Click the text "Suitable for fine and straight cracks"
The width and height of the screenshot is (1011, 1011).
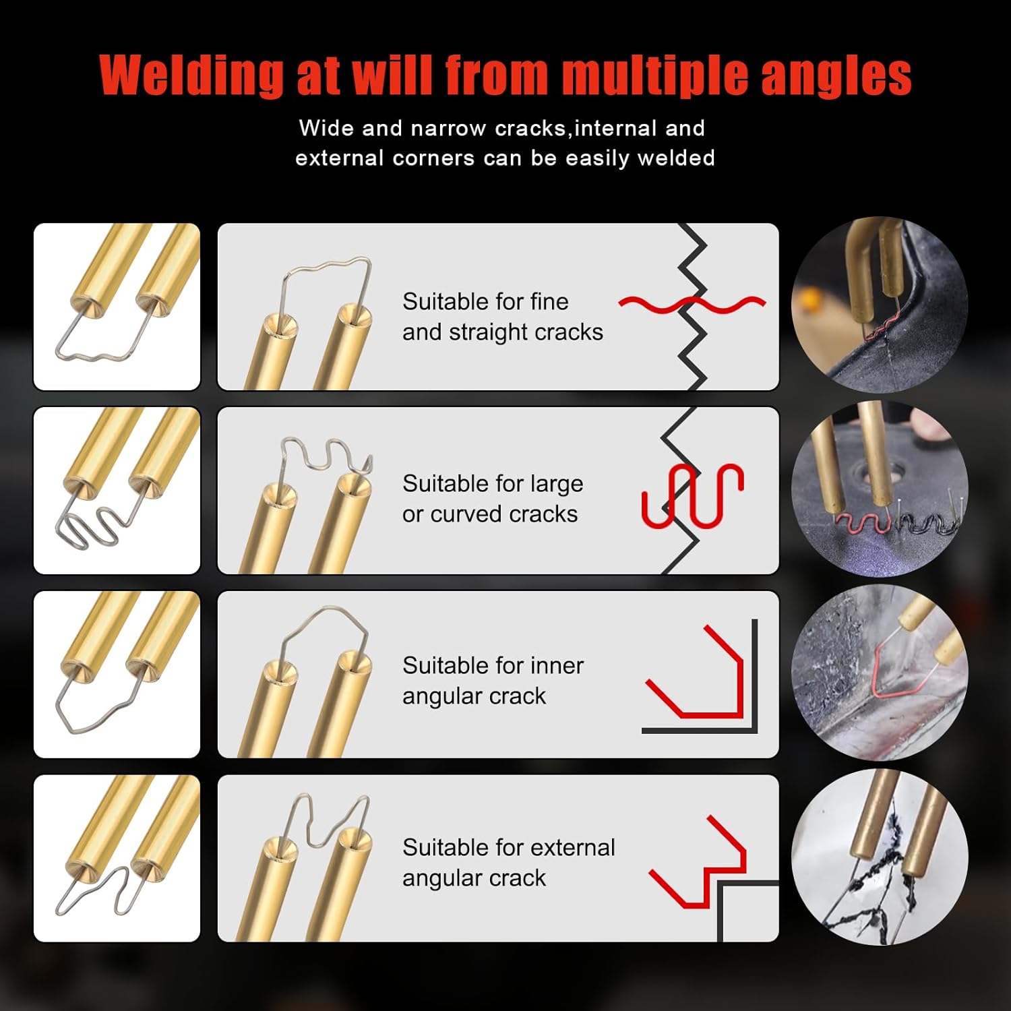click(502, 317)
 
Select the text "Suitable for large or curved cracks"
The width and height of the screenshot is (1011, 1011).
click(493, 499)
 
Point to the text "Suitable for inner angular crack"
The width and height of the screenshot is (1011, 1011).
click(493, 681)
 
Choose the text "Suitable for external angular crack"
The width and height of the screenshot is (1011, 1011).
click(508, 863)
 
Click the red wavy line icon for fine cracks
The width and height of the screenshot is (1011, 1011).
click(692, 305)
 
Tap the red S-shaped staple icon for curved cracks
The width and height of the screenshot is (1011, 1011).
click(692, 495)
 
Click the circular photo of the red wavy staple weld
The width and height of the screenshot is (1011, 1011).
click(880, 305)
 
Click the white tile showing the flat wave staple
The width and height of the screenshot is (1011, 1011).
click(117, 307)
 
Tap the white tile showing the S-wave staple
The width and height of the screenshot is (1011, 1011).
click(117, 490)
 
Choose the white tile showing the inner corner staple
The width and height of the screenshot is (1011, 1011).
click(117, 674)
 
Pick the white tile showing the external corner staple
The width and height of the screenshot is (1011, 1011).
click(117, 858)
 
